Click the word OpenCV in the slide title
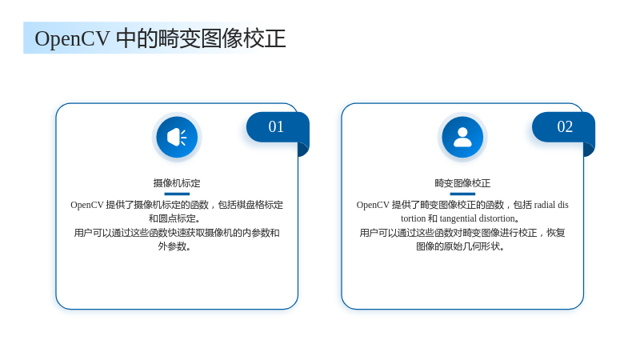coord(72,39)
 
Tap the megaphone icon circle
coord(177,137)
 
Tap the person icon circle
coord(462,137)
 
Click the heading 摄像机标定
coord(177,183)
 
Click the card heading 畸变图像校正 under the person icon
coord(462,183)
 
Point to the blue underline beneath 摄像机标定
coord(177,194)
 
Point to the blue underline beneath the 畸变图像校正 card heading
coord(462,194)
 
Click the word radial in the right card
coord(545,205)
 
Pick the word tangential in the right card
coord(458,218)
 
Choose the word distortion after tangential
coord(497,218)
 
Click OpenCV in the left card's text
coord(86,205)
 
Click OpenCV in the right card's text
coord(373,205)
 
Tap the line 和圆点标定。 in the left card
coord(174,218)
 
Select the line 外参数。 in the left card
coord(174,246)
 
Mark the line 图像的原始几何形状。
coord(460,246)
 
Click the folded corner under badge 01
coord(303,149)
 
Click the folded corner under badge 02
coord(589,149)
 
